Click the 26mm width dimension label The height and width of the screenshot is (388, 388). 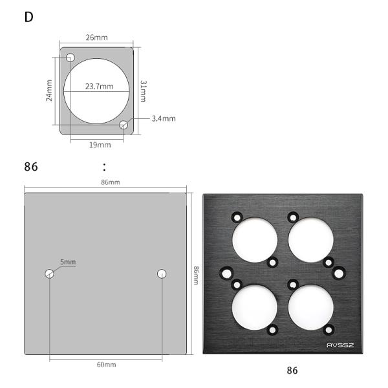point(96,38)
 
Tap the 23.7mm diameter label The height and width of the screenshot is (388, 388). point(98,86)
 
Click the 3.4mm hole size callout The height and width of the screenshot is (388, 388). point(164,118)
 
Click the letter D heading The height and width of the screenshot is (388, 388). point(28,17)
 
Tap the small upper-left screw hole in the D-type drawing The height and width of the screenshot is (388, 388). point(70,58)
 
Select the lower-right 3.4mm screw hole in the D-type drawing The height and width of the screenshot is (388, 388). point(124,124)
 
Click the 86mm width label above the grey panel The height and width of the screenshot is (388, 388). point(110,182)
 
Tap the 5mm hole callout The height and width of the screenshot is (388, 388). point(68,262)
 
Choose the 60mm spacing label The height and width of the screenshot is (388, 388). point(106,365)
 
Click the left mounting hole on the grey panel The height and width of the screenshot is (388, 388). point(50,274)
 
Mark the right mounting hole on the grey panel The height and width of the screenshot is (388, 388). point(162,274)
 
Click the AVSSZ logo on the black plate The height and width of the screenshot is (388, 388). point(341,345)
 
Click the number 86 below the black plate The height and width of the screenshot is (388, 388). point(293,371)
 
